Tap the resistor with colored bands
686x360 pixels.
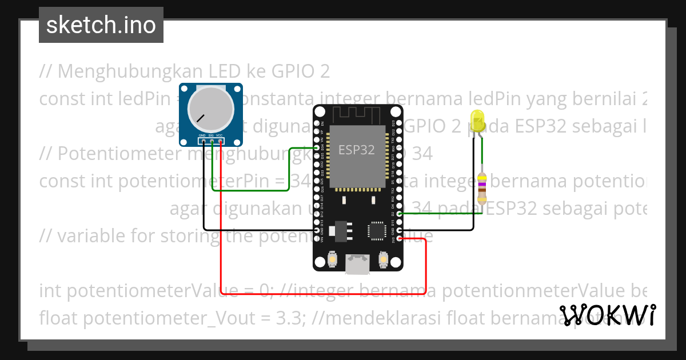(482, 188)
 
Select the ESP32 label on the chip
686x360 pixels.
(357, 150)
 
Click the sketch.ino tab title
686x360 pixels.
(101, 25)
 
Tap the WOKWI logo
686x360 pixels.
(608, 315)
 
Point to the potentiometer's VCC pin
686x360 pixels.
(220, 141)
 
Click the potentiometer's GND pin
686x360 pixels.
(204, 141)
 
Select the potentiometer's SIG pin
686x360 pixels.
(212, 141)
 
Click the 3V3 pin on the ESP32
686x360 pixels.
(399, 238)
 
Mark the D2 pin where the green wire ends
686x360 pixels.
(399, 213)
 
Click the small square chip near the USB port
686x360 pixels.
(377, 231)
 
